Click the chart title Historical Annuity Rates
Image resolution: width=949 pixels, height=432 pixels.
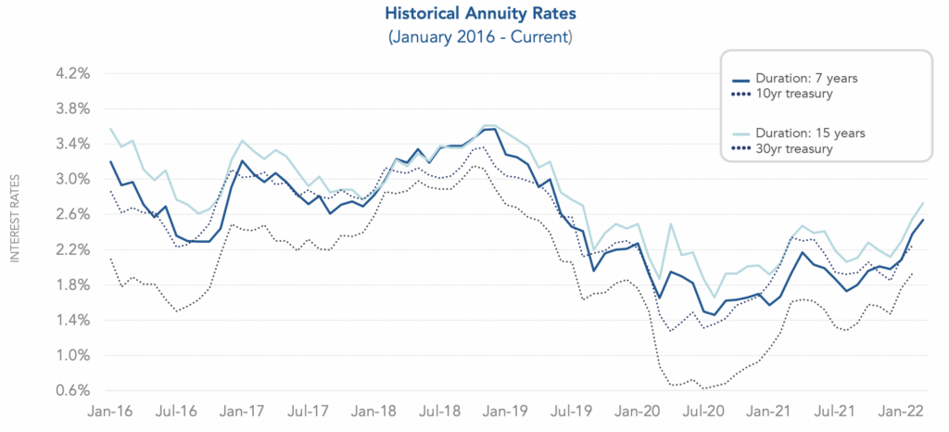pos(474,15)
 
